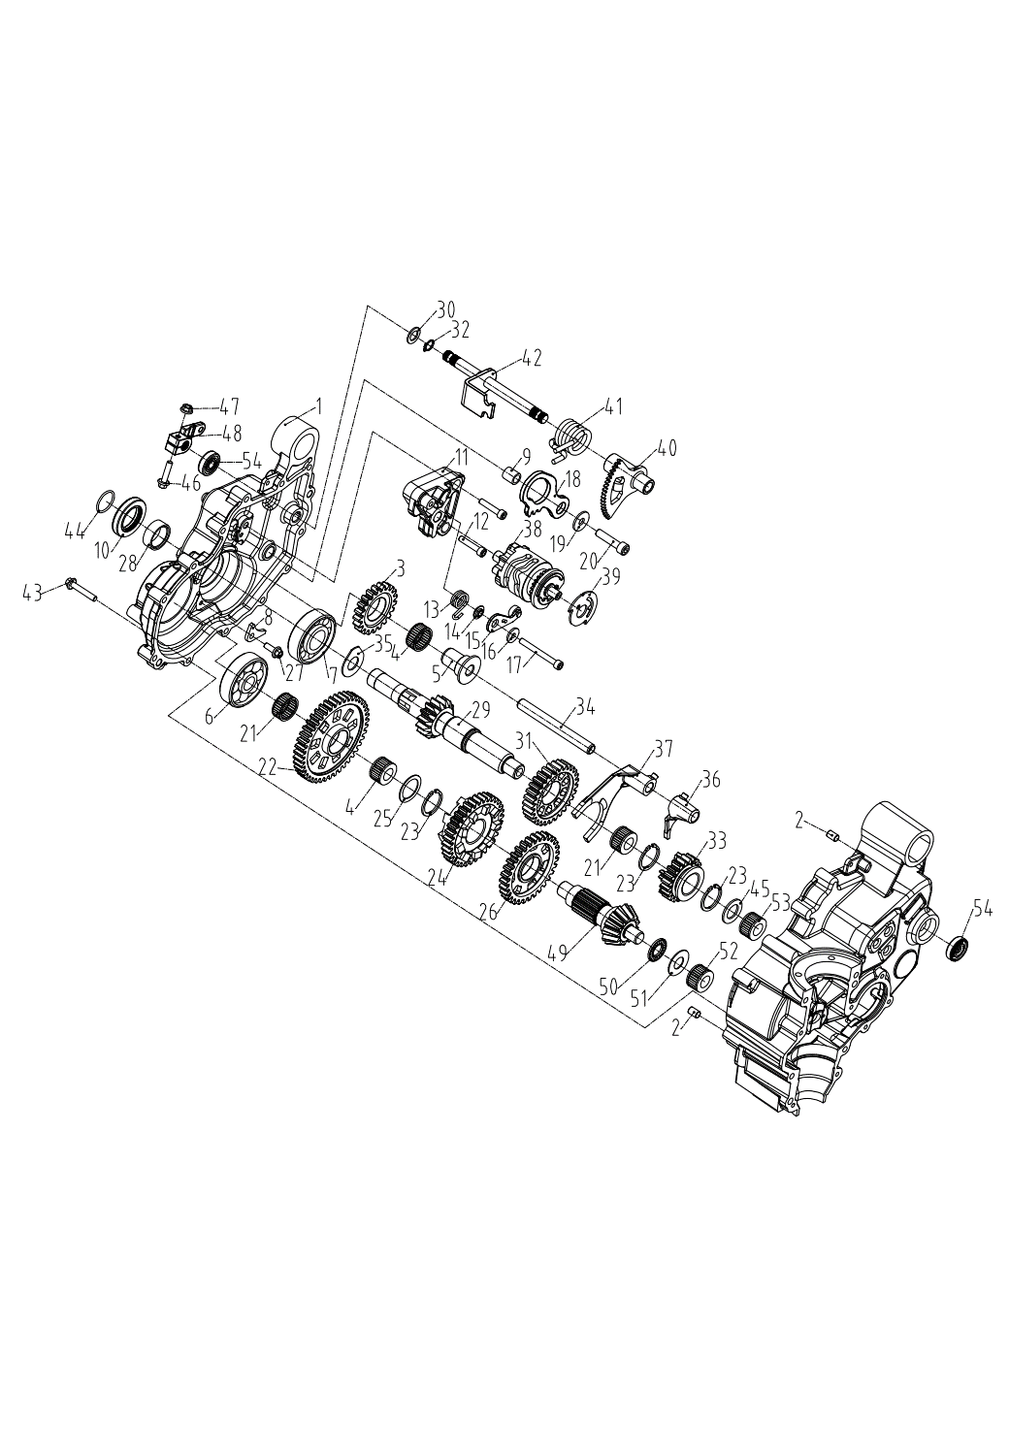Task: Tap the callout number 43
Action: pyautogui.click(x=32, y=592)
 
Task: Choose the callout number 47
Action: pyautogui.click(x=229, y=407)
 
